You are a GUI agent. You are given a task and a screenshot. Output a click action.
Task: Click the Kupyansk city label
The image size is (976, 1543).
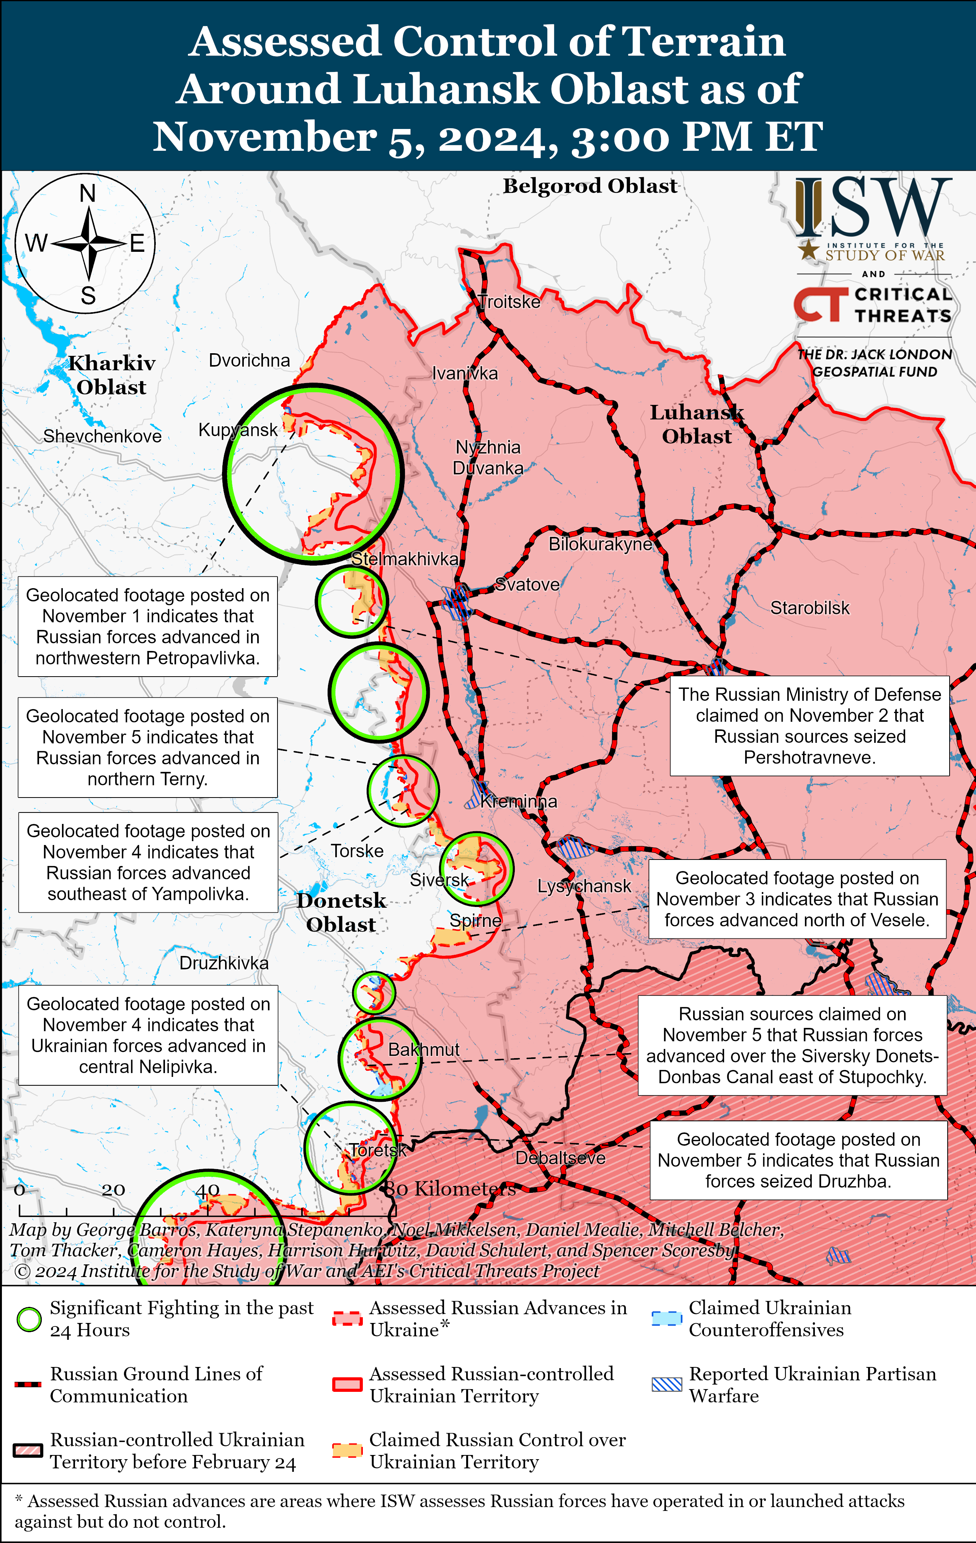[238, 430]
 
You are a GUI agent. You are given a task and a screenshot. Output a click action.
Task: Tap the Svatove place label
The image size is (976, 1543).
[527, 584]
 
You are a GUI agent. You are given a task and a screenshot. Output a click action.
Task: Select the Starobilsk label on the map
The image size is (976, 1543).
[810, 608]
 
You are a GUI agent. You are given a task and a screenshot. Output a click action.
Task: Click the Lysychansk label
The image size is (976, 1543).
[584, 886]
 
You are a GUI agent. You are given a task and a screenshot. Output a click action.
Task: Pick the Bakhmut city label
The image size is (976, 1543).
[424, 1050]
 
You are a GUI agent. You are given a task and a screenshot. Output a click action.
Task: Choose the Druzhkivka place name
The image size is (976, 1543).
[224, 963]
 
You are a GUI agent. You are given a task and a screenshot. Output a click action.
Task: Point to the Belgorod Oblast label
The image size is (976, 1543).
[589, 186]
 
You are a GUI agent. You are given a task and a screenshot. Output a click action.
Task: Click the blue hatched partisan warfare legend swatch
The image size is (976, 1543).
[666, 1385]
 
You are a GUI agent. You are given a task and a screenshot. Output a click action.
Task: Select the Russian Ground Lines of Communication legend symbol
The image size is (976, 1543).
[28, 1385]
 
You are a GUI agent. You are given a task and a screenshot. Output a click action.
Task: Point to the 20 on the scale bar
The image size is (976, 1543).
[113, 1190]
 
